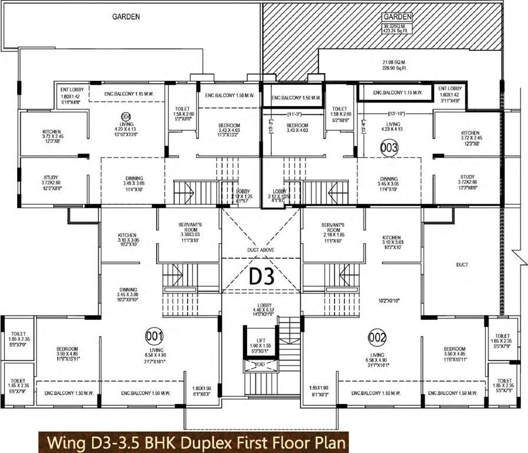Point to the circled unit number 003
point(389,147)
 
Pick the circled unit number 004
point(125,116)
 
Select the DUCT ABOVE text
point(261,250)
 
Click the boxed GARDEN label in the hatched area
point(397,17)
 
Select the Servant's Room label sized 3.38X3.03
point(191,225)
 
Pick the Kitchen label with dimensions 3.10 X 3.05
point(127,235)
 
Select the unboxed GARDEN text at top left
point(126,17)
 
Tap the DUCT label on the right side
point(462,265)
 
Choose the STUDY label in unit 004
point(50,177)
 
